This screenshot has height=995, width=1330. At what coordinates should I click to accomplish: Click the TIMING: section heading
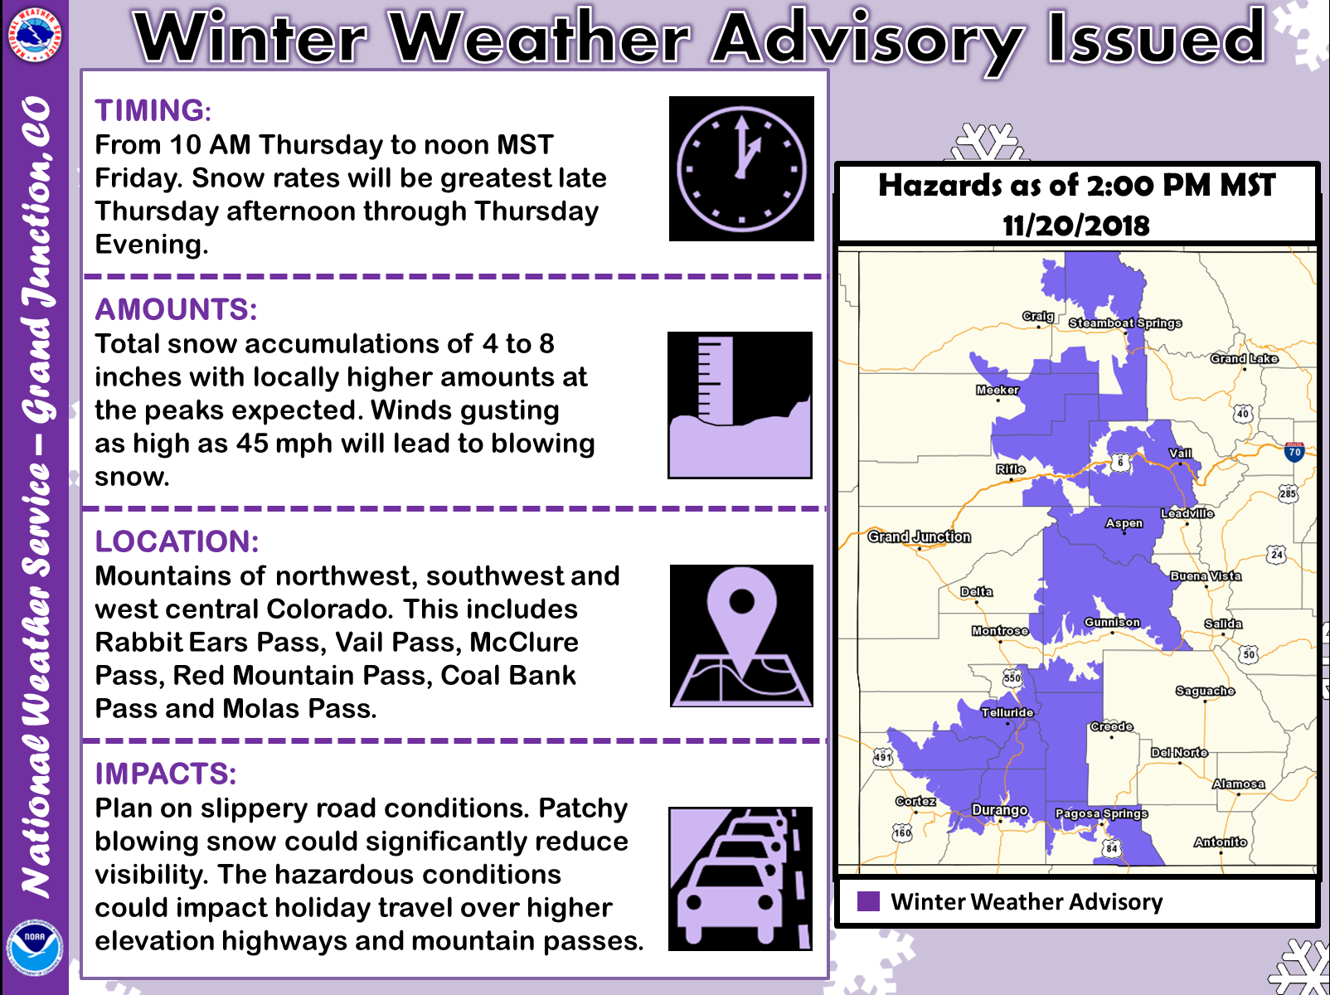[x=153, y=111]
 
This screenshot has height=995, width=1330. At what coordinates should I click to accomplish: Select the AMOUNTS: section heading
[x=176, y=309]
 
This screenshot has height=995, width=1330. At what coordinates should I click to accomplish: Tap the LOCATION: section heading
[x=177, y=541]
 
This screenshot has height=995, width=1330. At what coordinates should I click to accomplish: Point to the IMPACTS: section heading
[x=165, y=774]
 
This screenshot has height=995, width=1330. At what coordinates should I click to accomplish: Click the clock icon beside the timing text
[x=741, y=168]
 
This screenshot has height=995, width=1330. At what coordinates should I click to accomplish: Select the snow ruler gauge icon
[x=740, y=405]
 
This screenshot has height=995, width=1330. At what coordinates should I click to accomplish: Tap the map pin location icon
[x=741, y=636]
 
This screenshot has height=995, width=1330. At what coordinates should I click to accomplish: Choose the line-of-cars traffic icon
[x=740, y=878]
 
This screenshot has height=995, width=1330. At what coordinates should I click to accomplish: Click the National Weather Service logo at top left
[x=35, y=35]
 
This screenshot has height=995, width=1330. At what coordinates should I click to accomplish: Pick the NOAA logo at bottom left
[x=34, y=949]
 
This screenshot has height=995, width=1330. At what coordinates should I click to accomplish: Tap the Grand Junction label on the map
[x=919, y=537]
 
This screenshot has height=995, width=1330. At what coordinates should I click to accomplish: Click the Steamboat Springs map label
[x=1124, y=323]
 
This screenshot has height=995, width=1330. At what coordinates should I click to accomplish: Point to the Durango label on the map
[x=1000, y=810]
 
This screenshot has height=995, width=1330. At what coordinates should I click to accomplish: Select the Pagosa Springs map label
[x=1102, y=813]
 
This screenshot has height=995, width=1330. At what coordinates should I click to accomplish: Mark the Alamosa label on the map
[x=1239, y=784]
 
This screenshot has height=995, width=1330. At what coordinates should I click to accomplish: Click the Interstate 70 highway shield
[x=1294, y=452]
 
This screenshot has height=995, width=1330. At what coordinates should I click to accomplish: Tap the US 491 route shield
[x=883, y=757]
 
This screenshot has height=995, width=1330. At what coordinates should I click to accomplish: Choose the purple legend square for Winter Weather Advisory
[x=868, y=901]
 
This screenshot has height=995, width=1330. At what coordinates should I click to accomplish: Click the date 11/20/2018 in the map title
[x=1075, y=226]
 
